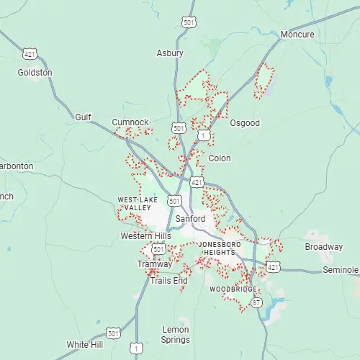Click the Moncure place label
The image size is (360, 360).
point(297,35)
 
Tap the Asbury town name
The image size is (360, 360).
point(170,53)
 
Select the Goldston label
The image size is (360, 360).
point(35,73)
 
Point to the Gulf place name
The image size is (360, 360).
point(84,117)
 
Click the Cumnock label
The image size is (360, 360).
point(130,122)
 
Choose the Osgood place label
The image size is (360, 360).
point(245,123)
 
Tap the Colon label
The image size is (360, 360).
point(220,158)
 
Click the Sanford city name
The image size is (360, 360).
point(191,219)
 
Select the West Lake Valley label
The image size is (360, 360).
point(135,203)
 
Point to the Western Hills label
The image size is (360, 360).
point(146,236)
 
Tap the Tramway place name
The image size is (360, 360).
point(155,264)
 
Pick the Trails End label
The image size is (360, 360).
point(169,280)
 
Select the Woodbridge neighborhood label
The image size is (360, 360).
point(233,289)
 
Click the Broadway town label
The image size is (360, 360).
point(324,247)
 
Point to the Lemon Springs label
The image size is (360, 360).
point(176,334)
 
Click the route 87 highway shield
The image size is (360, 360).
point(257,302)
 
